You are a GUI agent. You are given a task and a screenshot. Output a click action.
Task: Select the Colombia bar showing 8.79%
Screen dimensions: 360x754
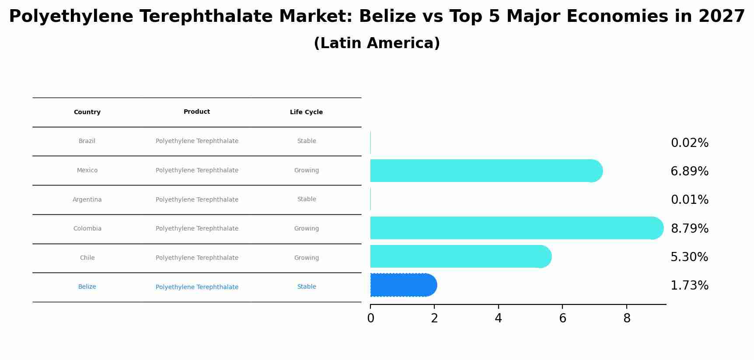point(516,228)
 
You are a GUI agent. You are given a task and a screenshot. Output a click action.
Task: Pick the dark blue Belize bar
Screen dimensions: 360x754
point(403,285)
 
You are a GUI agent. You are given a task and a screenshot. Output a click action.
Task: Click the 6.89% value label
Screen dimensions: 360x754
point(689,171)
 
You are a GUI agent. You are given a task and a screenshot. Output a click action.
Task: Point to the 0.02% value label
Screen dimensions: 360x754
point(689,143)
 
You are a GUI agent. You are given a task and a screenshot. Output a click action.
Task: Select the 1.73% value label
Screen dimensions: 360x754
point(689,286)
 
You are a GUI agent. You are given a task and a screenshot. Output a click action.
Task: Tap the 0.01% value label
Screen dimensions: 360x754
point(689,200)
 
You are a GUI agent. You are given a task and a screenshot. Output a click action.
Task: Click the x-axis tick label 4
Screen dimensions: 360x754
point(498,318)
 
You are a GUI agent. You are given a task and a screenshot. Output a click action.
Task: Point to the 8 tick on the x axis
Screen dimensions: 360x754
point(627,318)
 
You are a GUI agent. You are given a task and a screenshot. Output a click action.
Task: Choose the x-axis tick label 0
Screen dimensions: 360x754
point(370,318)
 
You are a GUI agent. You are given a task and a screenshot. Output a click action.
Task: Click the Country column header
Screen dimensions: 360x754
point(87,112)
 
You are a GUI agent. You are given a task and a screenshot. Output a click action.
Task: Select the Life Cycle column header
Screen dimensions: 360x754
point(306,112)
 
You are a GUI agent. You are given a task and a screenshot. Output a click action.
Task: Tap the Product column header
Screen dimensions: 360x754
point(197,112)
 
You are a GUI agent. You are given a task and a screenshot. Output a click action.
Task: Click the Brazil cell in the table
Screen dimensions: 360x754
point(87,141)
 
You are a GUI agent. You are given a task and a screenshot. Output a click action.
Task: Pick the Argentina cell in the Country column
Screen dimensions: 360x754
point(87,200)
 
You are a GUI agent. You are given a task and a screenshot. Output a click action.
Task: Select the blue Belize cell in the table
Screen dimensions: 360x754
point(87,287)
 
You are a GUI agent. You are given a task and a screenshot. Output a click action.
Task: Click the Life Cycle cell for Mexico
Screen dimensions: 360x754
point(306,171)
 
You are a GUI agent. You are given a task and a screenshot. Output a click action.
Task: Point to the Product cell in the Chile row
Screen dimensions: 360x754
point(197,258)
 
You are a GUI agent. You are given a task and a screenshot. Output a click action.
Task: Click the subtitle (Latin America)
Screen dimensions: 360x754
point(377,43)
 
